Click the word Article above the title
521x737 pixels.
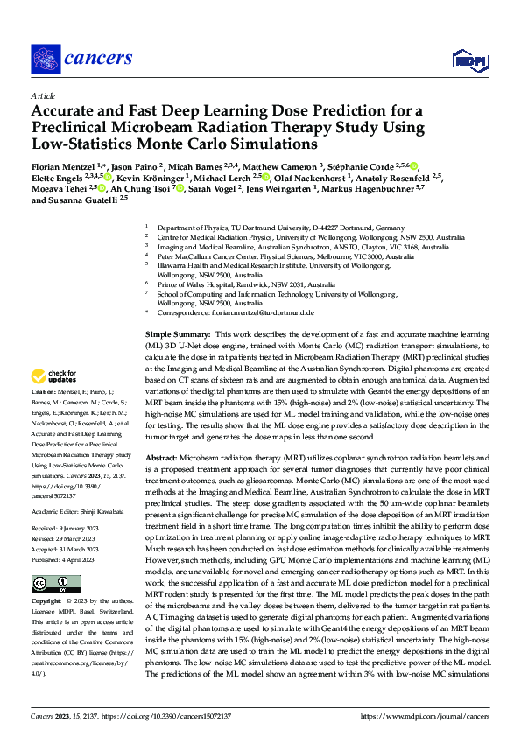point(43,95)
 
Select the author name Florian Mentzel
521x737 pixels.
point(62,165)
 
